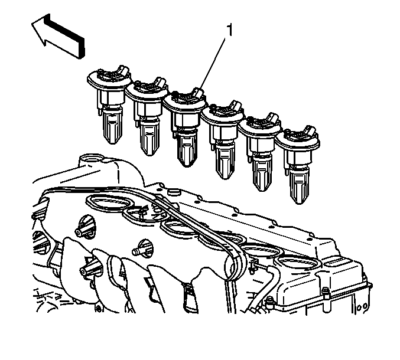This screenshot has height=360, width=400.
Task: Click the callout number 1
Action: pyautogui.click(x=230, y=30)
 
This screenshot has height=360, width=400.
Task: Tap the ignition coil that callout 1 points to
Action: pyautogui.click(x=184, y=127)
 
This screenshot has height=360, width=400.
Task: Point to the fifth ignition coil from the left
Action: pyautogui.click(x=260, y=152)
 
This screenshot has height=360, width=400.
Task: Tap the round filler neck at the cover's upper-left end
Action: pyautogui.click(x=89, y=159)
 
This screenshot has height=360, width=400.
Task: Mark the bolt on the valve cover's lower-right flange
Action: pyautogui.click(x=325, y=296)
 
